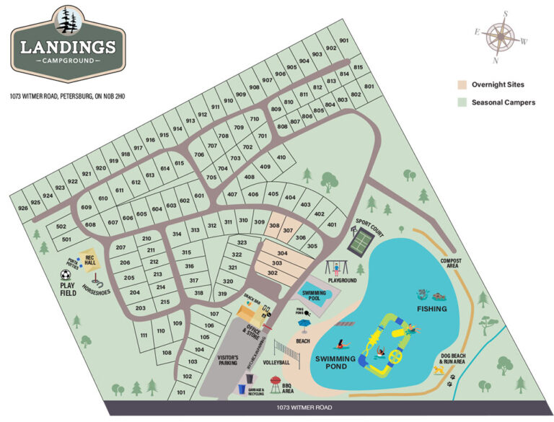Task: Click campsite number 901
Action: tap(343, 40)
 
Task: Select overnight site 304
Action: tap(282, 253)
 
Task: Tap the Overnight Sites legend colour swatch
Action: tap(462, 84)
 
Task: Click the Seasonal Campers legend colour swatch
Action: tap(462, 102)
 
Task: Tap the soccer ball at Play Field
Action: tap(65, 275)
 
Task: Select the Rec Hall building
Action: tap(89, 259)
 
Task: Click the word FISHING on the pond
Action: tap(432, 309)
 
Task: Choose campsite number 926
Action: tap(22, 208)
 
